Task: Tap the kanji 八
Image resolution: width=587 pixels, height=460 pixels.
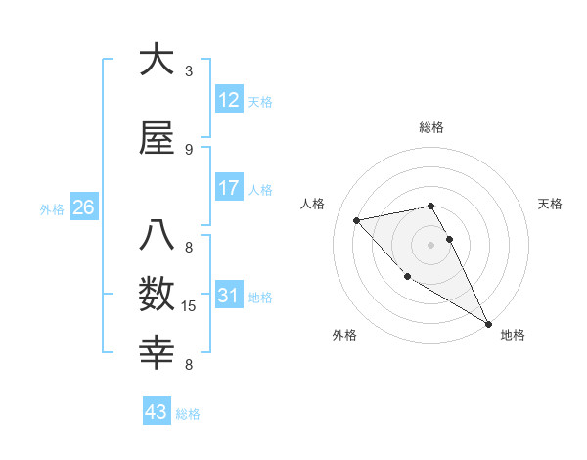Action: (157, 236)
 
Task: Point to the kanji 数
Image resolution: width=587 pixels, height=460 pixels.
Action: (157, 294)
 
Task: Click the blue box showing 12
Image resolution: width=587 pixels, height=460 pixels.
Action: (229, 100)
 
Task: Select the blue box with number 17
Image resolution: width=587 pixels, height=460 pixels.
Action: (229, 188)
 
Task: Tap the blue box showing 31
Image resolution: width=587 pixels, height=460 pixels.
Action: (229, 296)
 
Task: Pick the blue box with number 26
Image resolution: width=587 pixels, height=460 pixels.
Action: (83, 207)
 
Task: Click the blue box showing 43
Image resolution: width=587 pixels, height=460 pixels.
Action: (157, 412)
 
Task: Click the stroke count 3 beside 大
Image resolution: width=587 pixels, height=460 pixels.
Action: (189, 71)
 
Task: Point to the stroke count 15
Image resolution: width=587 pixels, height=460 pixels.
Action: (190, 306)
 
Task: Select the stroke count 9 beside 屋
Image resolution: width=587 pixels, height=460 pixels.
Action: (189, 150)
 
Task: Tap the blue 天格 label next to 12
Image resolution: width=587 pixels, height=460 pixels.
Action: (260, 102)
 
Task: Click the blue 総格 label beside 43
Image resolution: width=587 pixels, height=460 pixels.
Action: (188, 414)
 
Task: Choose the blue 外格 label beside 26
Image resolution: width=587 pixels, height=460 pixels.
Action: (52, 208)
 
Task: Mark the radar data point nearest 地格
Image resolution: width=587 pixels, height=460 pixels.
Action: (488, 324)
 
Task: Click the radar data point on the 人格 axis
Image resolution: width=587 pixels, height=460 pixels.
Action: (357, 220)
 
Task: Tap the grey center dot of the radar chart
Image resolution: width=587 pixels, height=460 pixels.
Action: (430, 244)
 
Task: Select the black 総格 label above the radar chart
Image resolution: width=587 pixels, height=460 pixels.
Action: (431, 127)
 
